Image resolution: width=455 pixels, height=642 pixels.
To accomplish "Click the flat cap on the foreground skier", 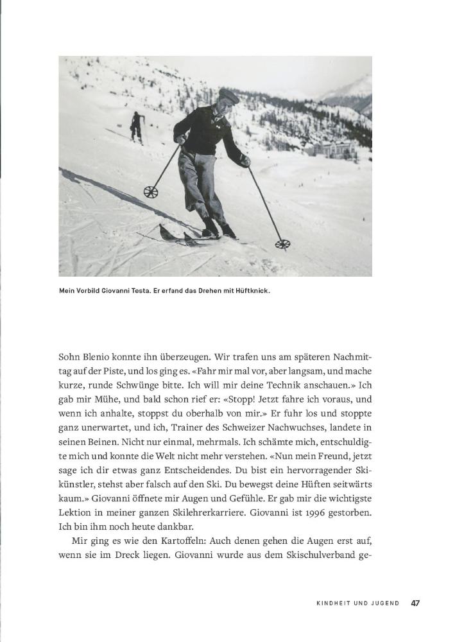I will click(229, 96).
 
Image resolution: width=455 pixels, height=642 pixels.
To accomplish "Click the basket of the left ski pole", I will click(151, 191).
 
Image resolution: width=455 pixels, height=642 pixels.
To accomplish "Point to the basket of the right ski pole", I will click(282, 244).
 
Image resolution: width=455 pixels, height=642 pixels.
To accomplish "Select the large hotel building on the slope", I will click(334, 152).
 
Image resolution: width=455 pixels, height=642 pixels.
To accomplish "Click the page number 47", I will click(416, 603).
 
